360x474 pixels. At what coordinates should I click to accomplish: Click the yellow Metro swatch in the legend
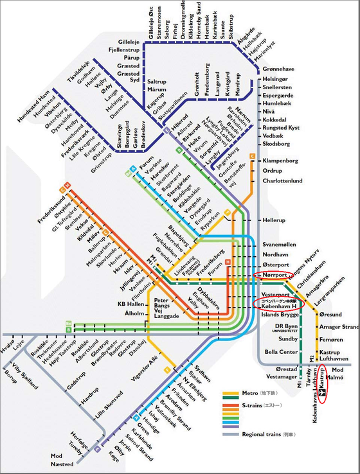pos(231,393)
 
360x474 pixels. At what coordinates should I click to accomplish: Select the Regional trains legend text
pos(269,434)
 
